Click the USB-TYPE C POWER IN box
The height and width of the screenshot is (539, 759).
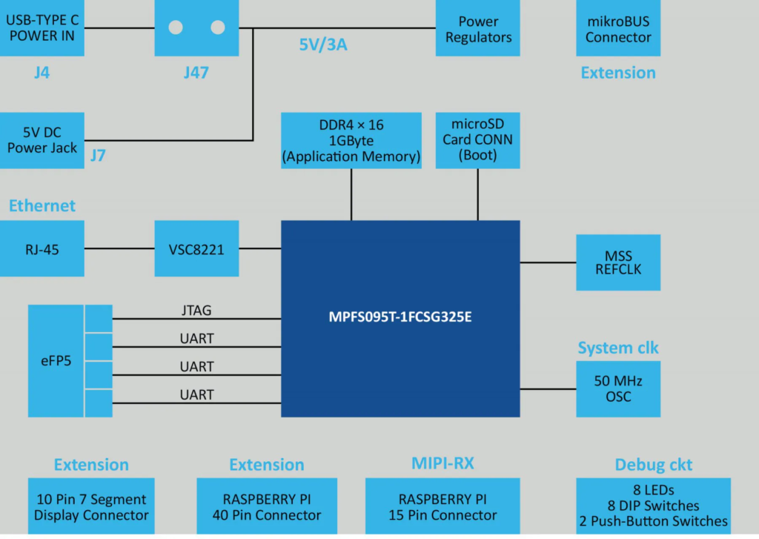point(42,28)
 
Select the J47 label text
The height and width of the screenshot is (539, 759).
point(196,73)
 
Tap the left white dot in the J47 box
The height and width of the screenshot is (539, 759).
point(176,27)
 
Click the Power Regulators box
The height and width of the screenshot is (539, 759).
point(478,29)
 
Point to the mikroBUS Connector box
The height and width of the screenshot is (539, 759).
point(617,29)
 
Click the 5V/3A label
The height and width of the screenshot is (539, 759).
point(323,45)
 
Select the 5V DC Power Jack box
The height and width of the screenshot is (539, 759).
point(42,140)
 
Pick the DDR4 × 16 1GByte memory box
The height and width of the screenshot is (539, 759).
point(351,140)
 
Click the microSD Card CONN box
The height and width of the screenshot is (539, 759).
point(477,140)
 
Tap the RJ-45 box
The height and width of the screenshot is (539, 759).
point(42,249)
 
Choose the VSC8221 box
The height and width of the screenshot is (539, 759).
point(196,249)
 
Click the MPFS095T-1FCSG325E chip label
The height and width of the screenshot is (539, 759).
point(401,317)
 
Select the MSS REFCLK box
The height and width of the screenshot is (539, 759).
point(617,262)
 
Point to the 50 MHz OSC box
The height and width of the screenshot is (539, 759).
point(617,388)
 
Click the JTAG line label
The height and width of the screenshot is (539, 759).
point(196,311)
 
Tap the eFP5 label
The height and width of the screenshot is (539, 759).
point(56,362)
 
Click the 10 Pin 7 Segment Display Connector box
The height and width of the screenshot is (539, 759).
point(91,506)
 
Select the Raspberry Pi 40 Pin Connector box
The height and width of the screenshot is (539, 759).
point(266,506)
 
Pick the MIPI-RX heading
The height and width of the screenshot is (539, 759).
point(443,464)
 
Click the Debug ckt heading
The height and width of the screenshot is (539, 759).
point(653,465)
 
